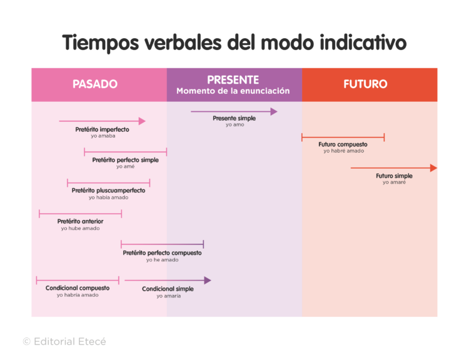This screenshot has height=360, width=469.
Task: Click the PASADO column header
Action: (x=95, y=84)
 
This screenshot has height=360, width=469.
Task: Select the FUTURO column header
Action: (x=365, y=84)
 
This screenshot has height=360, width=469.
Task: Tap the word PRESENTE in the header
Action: (x=233, y=80)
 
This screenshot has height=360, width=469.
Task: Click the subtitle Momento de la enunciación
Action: (x=233, y=91)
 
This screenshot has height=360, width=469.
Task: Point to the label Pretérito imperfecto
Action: (x=103, y=129)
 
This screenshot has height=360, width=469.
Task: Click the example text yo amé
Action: (x=126, y=167)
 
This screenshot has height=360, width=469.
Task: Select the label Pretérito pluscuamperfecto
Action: (x=108, y=191)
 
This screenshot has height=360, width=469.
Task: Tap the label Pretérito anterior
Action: (x=80, y=221)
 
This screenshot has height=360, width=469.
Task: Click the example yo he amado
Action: (x=162, y=260)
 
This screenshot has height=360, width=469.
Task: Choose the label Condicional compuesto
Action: (x=78, y=288)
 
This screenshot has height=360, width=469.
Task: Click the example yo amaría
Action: (x=168, y=296)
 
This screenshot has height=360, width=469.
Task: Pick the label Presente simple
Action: (x=234, y=118)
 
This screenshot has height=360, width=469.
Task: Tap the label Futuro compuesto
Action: (x=343, y=144)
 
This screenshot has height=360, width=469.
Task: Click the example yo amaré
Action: (x=394, y=182)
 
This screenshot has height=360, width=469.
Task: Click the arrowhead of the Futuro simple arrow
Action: (x=433, y=167)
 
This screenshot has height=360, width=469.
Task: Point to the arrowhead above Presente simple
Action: (x=273, y=112)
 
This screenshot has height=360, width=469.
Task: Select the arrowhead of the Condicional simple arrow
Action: (x=208, y=281)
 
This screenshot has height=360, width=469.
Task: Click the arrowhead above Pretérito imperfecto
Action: (x=142, y=121)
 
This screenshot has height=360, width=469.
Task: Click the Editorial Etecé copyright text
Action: (x=64, y=341)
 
